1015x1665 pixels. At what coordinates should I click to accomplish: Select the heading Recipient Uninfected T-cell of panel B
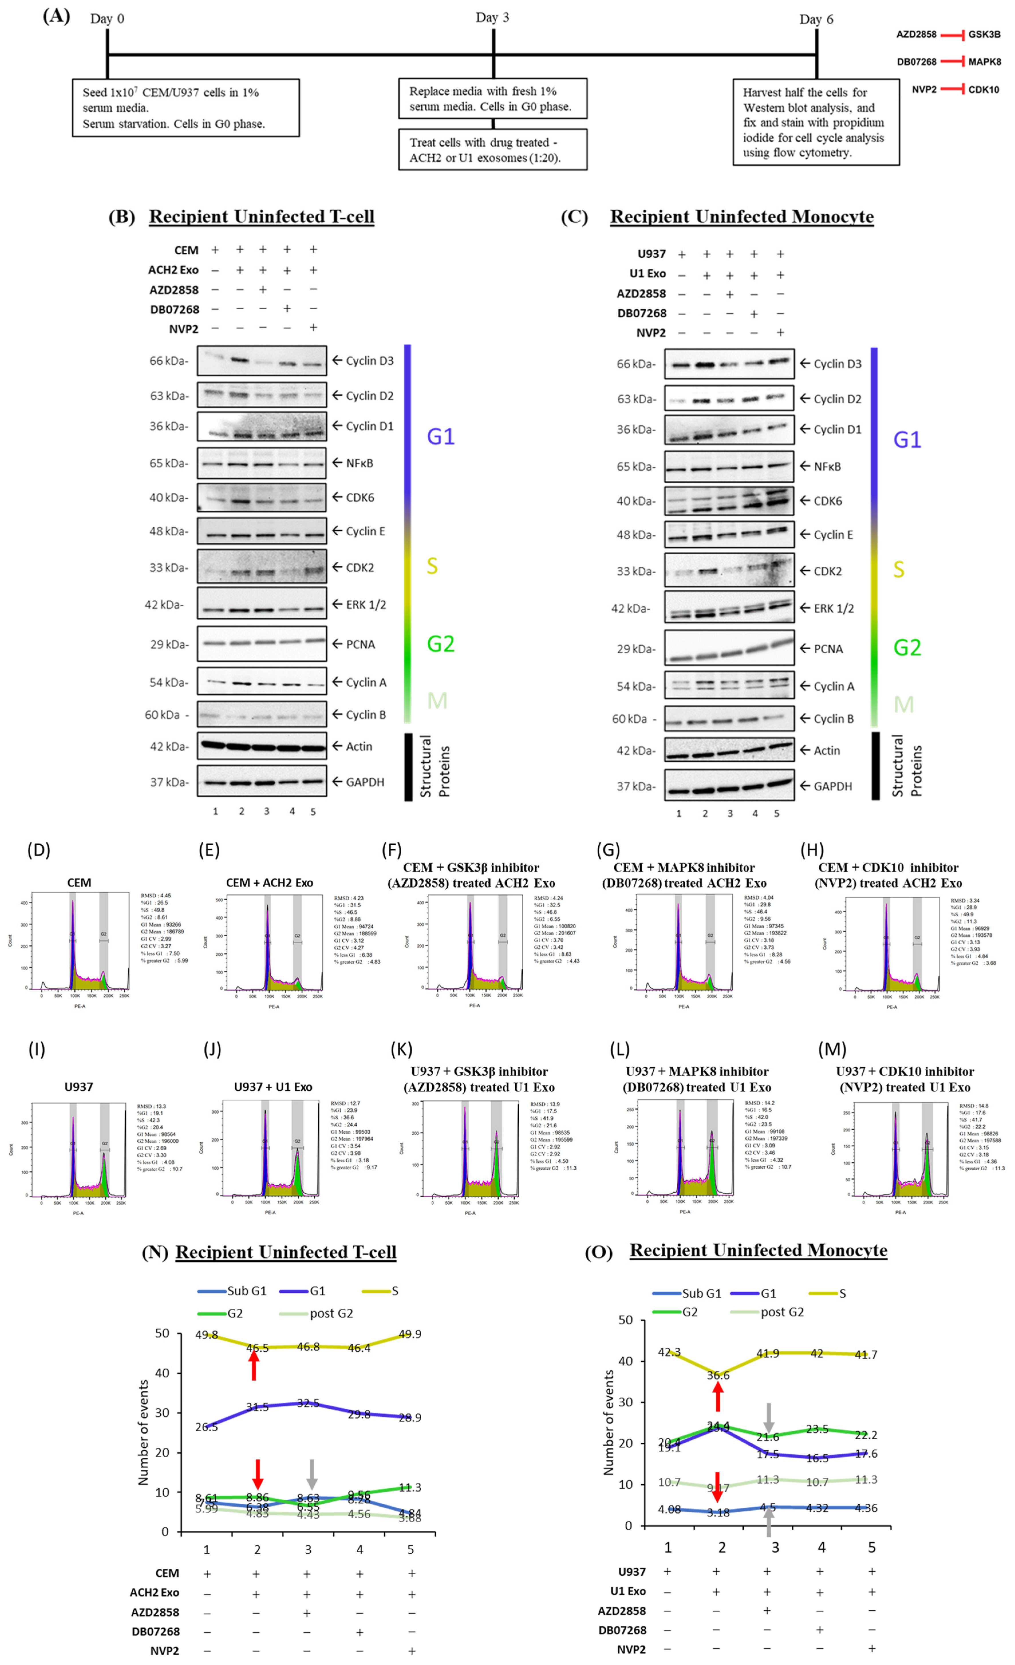pos(261,217)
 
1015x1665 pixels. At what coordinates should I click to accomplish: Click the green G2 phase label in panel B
pos(440,643)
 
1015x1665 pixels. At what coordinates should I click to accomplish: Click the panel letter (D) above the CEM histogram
pos(38,850)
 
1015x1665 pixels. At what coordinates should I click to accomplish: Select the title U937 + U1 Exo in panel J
pos(273,1087)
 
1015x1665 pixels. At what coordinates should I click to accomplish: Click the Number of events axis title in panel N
pos(143,1432)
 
